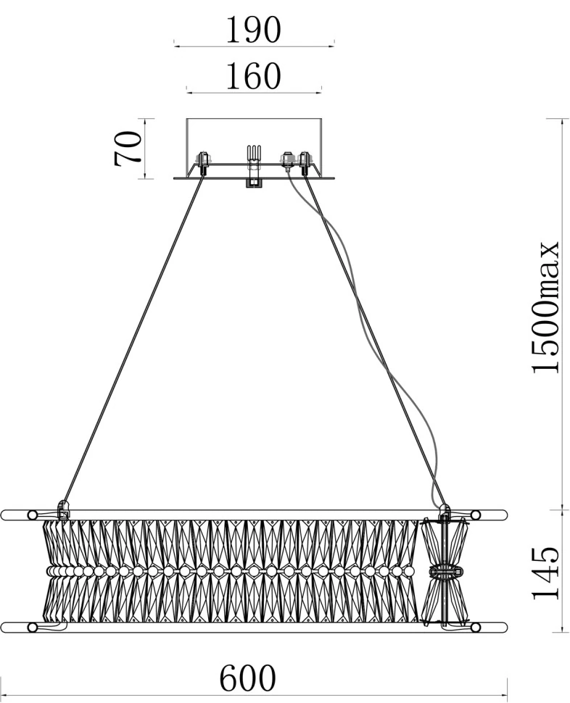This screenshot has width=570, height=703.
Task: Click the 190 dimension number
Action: (x=253, y=30)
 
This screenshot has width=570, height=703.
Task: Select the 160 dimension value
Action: (x=253, y=77)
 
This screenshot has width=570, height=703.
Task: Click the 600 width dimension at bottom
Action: (x=248, y=678)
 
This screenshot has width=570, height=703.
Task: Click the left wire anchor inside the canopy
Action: (x=203, y=162)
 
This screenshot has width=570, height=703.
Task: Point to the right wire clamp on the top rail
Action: (x=445, y=512)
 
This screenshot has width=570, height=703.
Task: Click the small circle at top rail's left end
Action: (x=32, y=515)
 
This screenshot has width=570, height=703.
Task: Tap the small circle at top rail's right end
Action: (x=476, y=515)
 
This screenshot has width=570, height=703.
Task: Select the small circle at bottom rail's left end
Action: (x=32, y=626)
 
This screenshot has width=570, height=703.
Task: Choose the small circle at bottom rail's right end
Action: (x=476, y=626)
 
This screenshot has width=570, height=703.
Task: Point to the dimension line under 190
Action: (x=254, y=46)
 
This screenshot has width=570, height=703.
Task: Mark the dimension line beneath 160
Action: (x=254, y=92)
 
